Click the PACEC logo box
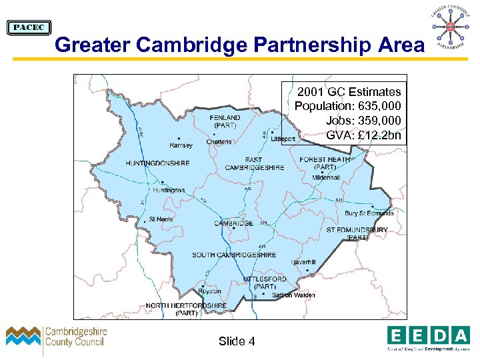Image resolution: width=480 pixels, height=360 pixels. point(29,27)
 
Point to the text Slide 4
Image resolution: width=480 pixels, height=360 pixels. point(237,341)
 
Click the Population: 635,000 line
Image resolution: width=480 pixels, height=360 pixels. point(348,106)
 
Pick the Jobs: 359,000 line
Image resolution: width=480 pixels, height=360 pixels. point(364,121)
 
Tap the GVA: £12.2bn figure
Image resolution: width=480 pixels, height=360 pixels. point(364,135)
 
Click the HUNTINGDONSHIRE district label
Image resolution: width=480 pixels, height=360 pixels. point(157,163)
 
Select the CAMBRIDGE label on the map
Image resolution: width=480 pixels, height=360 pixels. point(233,223)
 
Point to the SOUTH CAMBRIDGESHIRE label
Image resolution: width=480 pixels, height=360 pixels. point(234,255)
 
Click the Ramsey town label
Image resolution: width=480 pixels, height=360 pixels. point(181,145)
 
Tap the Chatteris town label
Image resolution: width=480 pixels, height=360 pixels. point(219,141)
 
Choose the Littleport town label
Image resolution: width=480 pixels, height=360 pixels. point(283,139)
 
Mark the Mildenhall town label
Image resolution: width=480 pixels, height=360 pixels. point(327,178)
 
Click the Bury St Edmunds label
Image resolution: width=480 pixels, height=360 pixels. point(369,213)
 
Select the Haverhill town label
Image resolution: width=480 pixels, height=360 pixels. point(304,263)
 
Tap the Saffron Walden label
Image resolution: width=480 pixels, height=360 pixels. point(293,295)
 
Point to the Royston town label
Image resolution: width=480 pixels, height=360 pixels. point(210,291)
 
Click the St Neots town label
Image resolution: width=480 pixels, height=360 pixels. point(161,219)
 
